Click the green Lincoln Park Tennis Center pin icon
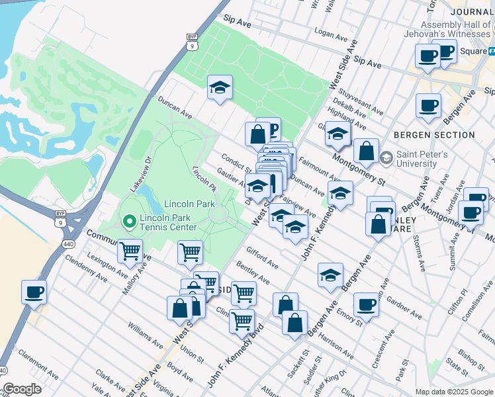tap(128, 220)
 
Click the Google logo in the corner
tap(22, 389)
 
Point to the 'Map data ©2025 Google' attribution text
tap(454, 392)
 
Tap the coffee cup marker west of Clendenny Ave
tap(34, 292)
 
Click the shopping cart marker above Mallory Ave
tap(130, 251)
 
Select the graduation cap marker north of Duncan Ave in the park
tap(220, 88)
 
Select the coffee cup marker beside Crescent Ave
tap(366, 305)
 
